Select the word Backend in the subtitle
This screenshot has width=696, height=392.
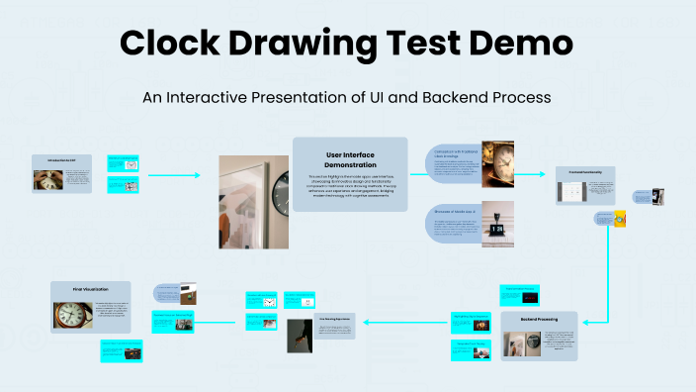coord(460,98)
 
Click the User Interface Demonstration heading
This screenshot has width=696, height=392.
coord(350,159)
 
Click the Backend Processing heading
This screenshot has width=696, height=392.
coord(539,320)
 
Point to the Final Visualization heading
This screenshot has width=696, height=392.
coord(90,289)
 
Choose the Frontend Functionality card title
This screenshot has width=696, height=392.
coord(584,172)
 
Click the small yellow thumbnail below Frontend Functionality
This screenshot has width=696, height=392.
coord(619,219)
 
